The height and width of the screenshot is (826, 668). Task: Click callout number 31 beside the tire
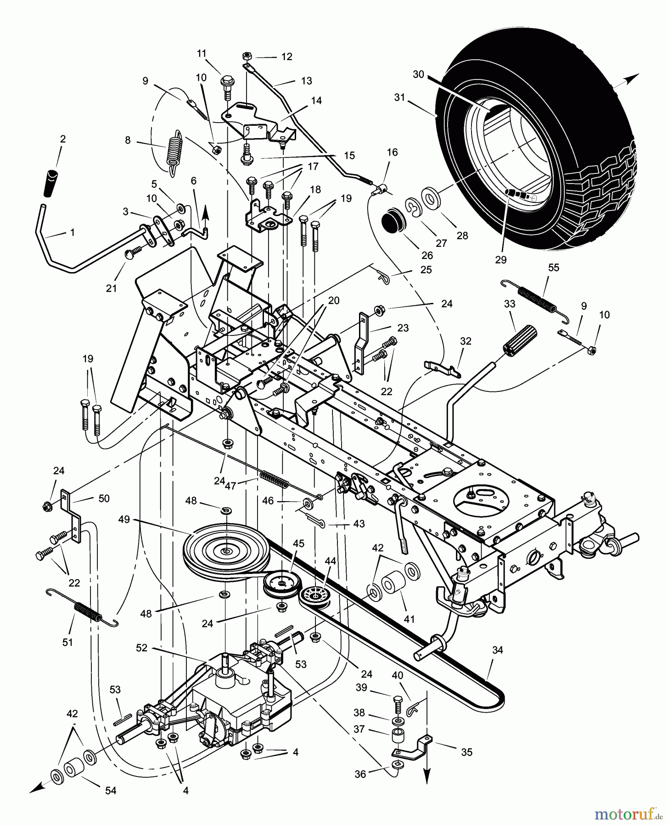[x=400, y=97]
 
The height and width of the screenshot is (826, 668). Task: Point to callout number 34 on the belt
[x=498, y=650]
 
